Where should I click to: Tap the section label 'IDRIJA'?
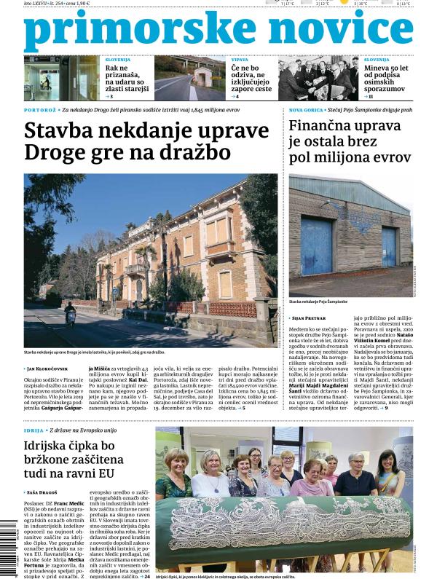[34, 431]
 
